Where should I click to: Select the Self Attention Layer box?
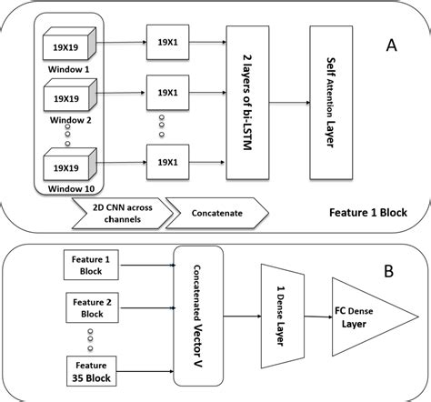pos(337,103)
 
